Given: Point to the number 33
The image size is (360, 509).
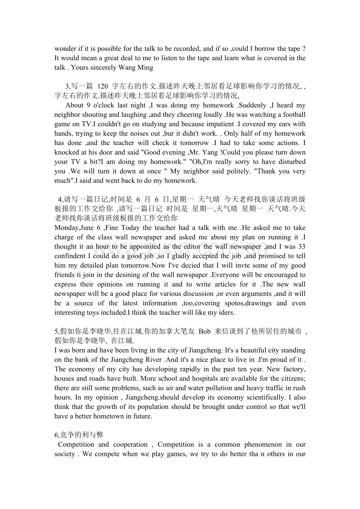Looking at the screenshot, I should (301, 247).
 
